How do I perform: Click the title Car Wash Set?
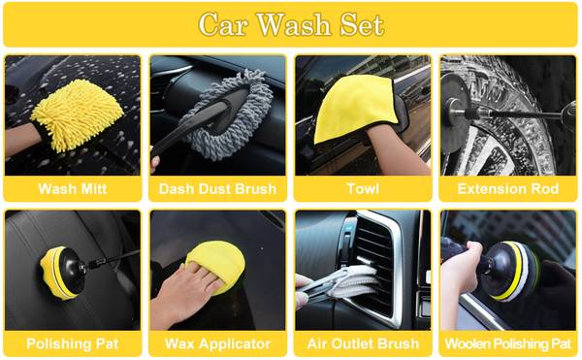coord(291,25)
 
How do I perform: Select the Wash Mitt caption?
coord(73,189)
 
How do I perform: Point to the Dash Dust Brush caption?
coord(217,189)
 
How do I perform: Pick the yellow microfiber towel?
coord(353,107)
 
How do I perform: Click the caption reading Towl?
coord(363,189)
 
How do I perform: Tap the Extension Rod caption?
coord(507,189)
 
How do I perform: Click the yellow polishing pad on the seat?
coord(59,274)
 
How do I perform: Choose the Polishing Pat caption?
coord(73,344)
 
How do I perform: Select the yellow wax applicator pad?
coord(217,265)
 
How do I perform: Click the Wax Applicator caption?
coord(217,344)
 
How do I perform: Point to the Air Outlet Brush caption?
coord(363,344)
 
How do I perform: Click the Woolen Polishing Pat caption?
coord(507,344)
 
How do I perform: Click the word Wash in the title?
coord(294,25)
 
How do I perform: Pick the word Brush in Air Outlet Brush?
coord(401,344)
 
